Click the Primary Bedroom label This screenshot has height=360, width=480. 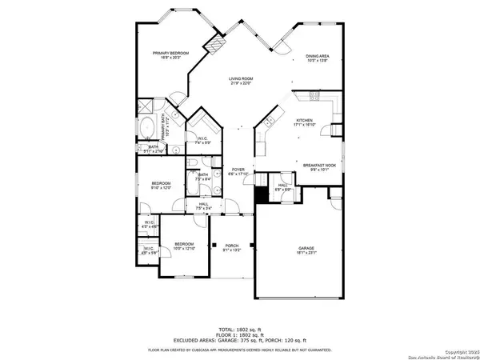coord(170,55)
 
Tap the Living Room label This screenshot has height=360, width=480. coord(241,81)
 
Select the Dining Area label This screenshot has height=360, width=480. coord(318,58)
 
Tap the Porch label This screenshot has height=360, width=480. coord(232,247)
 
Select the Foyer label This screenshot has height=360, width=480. coord(238,172)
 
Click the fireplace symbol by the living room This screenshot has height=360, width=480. coord(214,46)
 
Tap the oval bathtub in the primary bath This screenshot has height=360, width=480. coord(149,128)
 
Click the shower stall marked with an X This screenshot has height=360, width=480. coord(147,106)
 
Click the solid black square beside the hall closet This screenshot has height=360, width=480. coord(259,194)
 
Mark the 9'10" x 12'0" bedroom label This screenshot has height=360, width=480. coord(162,186)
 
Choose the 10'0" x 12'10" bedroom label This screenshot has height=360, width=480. coord(185,246)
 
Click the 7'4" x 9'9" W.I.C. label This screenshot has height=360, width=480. coord(203,140)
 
